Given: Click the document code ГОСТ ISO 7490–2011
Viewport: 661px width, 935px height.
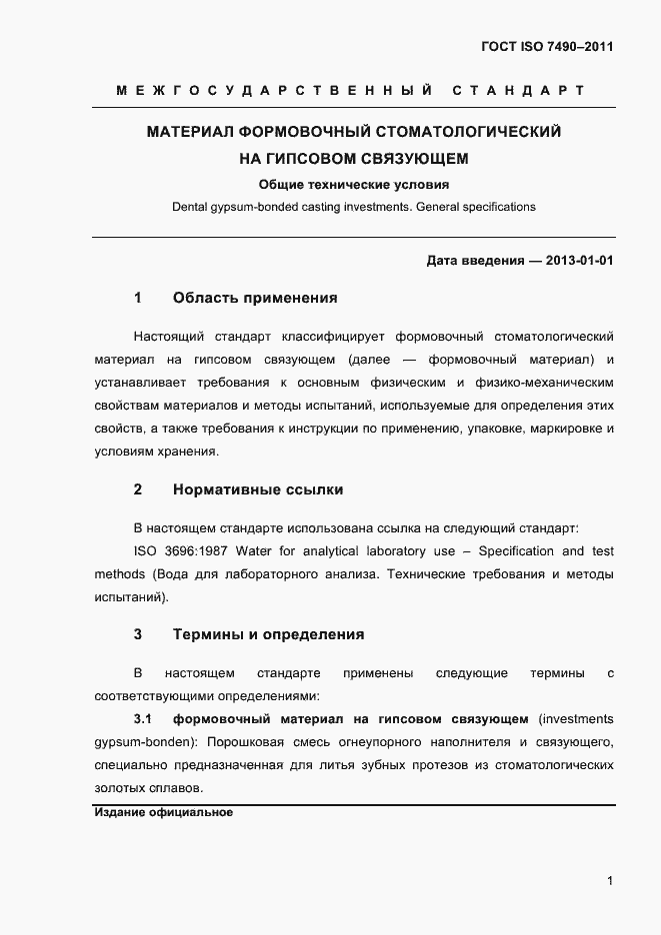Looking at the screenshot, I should click(549, 47).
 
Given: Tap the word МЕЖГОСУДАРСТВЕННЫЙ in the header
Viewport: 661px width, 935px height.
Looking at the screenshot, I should click(274, 91).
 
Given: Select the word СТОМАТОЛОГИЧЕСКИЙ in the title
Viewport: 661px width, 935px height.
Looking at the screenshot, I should click(468, 131).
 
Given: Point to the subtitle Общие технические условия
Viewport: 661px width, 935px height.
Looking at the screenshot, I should click(354, 184).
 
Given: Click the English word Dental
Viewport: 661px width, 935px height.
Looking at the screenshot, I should click(189, 207).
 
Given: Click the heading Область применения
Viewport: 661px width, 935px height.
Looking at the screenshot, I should click(255, 298).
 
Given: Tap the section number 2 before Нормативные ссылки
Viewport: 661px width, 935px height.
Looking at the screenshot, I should click(138, 489).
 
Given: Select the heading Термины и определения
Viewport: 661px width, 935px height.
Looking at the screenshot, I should click(268, 633).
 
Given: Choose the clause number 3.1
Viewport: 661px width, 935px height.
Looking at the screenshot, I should click(141, 719).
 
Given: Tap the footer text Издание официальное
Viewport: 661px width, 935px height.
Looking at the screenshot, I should click(163, 813).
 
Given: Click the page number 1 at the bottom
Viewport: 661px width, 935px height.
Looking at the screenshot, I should click(610, 880).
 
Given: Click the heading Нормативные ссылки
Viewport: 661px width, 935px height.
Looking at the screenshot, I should click(258, 489).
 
